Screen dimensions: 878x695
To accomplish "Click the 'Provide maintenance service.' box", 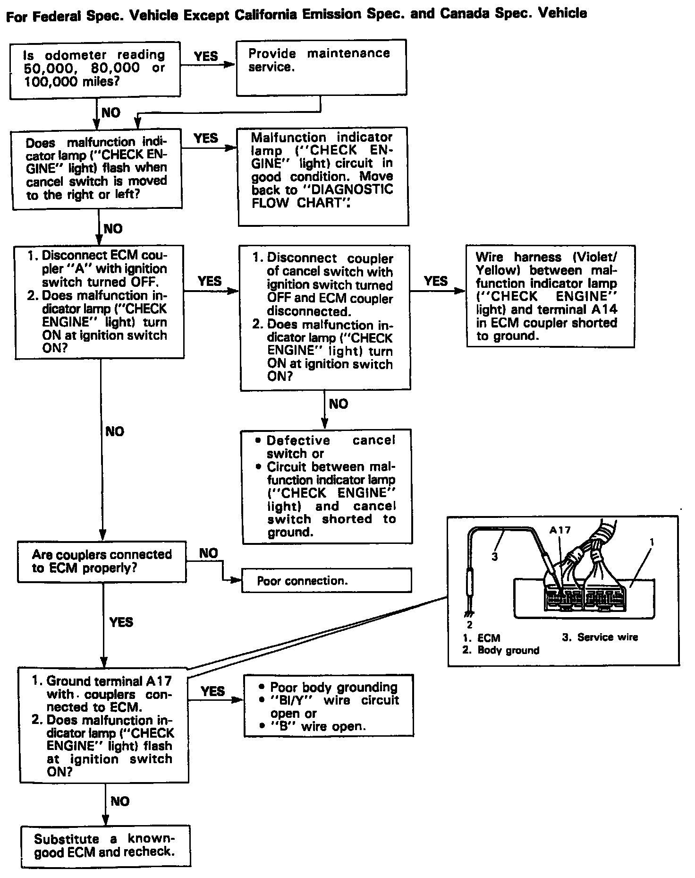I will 321,67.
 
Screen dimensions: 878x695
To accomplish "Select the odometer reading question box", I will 95,70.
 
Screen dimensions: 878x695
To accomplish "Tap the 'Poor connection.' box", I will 326,580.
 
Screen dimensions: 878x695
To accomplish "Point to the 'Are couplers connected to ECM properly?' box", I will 102,561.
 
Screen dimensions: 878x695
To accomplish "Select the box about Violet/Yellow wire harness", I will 550,296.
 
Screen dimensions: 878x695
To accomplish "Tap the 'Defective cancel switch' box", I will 327,486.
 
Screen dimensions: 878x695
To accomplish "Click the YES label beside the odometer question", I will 206,56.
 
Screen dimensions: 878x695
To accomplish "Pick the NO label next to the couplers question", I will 208,553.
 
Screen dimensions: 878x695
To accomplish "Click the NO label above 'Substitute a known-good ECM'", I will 120,801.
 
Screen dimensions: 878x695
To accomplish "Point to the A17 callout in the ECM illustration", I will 560,530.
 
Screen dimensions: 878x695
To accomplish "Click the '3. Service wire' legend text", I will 600,637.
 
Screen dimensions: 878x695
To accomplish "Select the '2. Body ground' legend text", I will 501,650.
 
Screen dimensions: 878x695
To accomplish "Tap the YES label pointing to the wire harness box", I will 435,281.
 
